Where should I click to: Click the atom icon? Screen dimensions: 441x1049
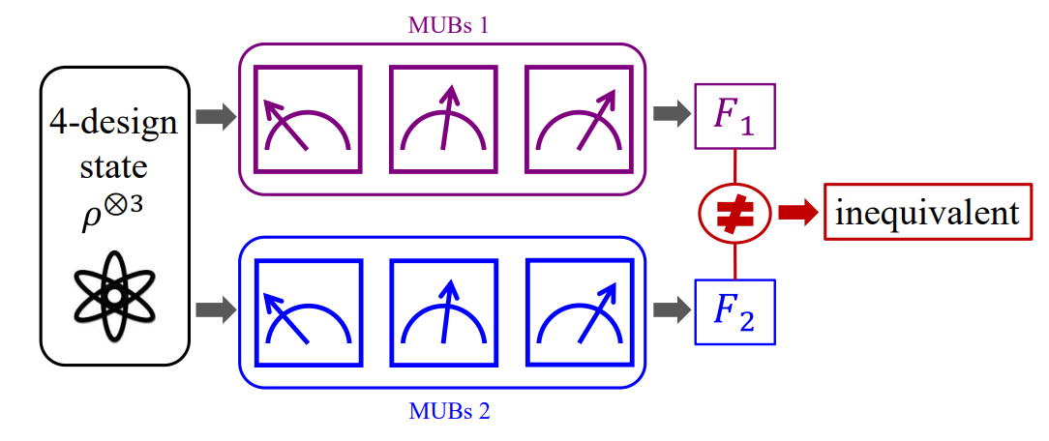[x=114, y=295]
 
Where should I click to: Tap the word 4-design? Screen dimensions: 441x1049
[x=114, y=123]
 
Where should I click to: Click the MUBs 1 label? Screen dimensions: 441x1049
[x=447, y=25]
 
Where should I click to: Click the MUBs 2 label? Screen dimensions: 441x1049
[x=447, y=413]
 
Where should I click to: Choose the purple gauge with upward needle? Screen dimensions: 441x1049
[x=444, y=119]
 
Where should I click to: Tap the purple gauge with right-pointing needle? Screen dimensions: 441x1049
[x=580, y=119]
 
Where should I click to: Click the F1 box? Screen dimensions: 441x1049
[x=734, y=116]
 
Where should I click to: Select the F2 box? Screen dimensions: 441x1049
[x=734, y=311]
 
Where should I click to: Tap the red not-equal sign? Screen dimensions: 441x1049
[x=734, y=213]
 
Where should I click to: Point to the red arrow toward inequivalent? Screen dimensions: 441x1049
[x=797, y=213]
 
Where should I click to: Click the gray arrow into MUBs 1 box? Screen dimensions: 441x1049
[x=215, y=117]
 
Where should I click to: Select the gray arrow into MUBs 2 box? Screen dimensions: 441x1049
[x=215, y=310]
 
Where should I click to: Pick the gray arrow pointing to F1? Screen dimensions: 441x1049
[x=670, y=114]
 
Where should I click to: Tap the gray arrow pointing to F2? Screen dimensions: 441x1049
[x=670, y=309]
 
